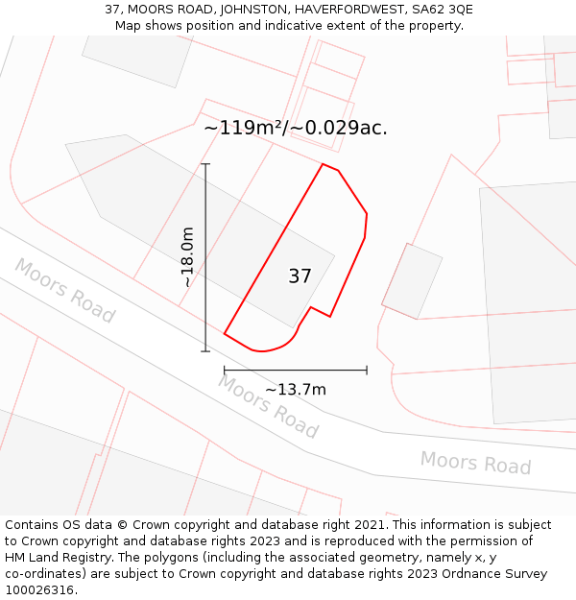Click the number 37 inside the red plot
tap(300, 276)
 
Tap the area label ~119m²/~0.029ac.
tap(296, 128)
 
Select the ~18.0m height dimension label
tap(188, 257)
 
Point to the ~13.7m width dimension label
tap(296, 389)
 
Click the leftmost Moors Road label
tap(64, 290)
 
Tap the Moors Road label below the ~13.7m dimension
tap(268, 406)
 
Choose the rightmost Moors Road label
tap(475, 463)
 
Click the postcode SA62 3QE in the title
tap(439, 10)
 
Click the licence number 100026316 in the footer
tap(37, 590)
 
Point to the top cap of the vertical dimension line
tap(205, 164)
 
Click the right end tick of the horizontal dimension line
tap(367, 370)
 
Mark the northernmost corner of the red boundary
tap(323, 164)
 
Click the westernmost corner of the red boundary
tap(225, 333)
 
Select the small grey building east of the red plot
tap(412, 280)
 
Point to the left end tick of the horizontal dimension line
tap(225, 370)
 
